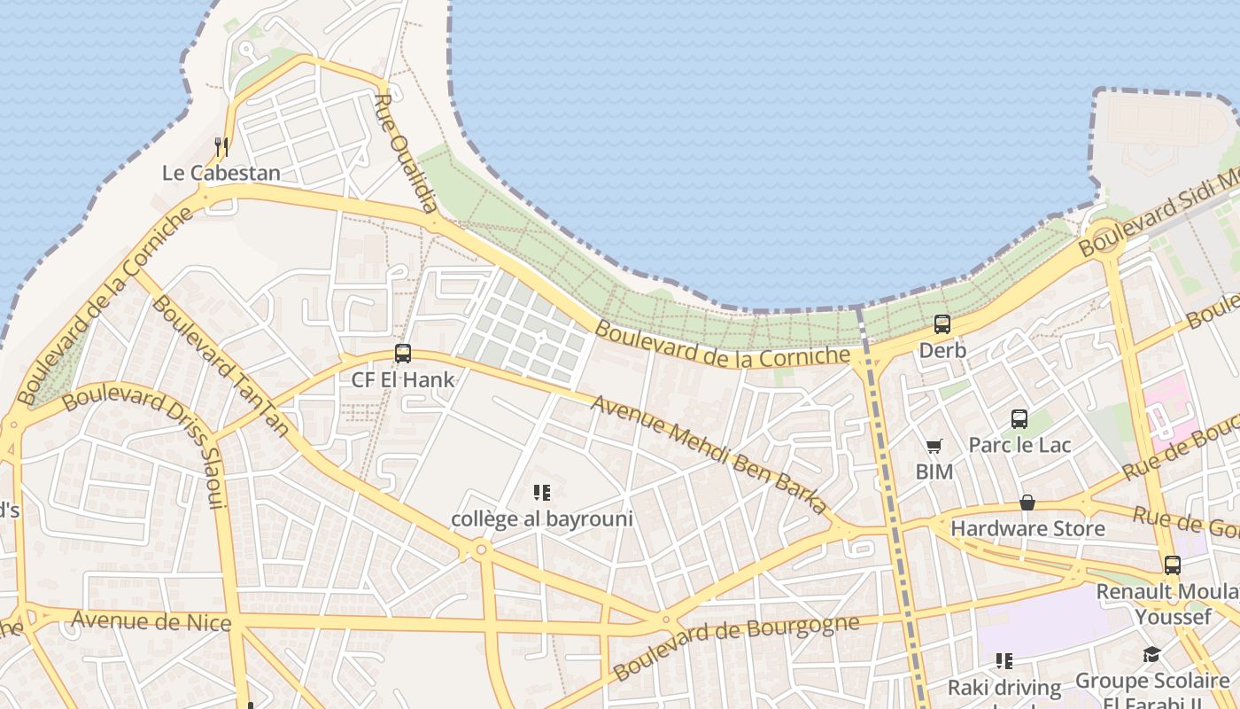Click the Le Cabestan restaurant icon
pos(221,146)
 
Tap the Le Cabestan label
pos(221,173)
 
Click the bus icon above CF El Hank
pos(403,354)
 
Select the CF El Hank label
pos(403,380)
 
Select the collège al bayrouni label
pos(542,518)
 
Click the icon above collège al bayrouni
pos(542,493)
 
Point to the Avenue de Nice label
pos(151,620)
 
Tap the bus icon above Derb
pos(942,324)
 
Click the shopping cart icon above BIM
pos(934,446)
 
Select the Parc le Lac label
pos(1019,445)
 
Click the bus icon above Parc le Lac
pos(1019,418)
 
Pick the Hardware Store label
pos(1027,529)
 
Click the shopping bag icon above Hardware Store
pos(1027,503)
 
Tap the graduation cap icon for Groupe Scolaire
pos(1151,654)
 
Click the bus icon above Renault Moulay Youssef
pos(1173,565)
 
